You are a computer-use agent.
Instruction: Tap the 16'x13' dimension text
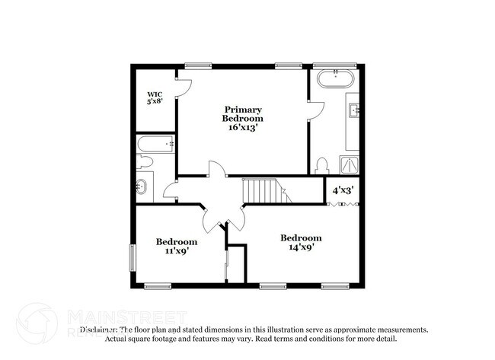click(243, 128)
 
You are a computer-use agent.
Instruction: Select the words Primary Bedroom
click(243, 114)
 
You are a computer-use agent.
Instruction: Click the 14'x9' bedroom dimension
click(301, 247)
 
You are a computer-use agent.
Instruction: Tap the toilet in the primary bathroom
click(321, 165)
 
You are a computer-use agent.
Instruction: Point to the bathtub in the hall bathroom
click(155, 143)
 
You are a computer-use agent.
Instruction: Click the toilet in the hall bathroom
click(145, 161)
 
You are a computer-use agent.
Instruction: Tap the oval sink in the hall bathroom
click(142, 186)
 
